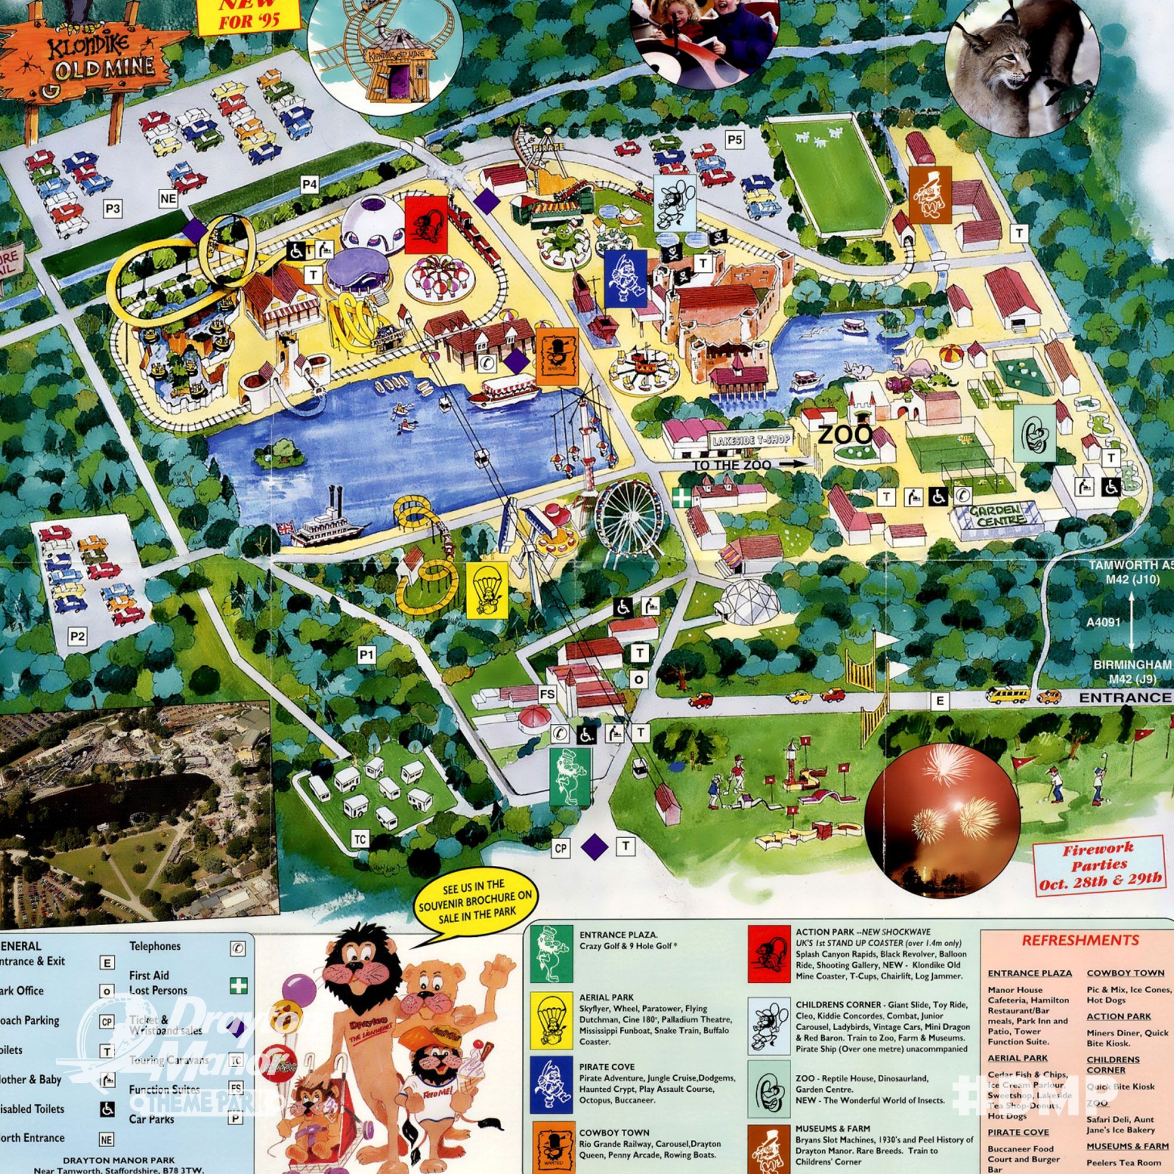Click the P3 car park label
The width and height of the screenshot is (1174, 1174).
[113, 209]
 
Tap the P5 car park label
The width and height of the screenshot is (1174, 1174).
[735, 140]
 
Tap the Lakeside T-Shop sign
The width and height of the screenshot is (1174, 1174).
[751, 440]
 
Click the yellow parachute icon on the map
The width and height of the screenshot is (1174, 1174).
[486, 589]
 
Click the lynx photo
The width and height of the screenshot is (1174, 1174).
[1023, 67]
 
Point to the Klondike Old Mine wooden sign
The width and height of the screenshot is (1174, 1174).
[85, 58]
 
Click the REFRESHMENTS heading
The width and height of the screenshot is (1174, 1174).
[1080, 940]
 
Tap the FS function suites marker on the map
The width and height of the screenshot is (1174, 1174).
[548, 693]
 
